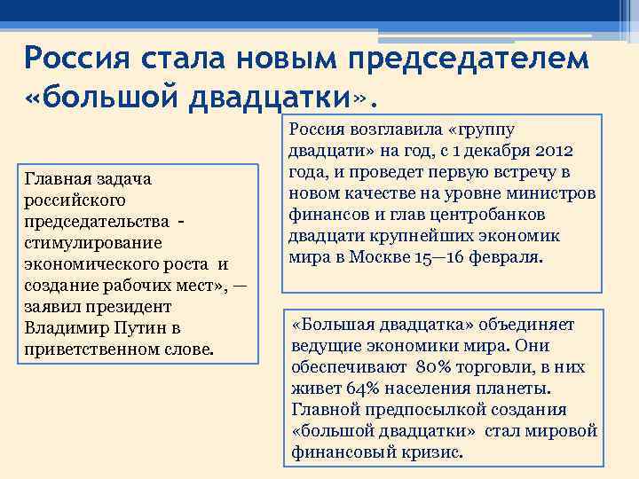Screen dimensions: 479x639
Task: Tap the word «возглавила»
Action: pos(397,130)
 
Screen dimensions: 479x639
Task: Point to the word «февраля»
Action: pos(508,257)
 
